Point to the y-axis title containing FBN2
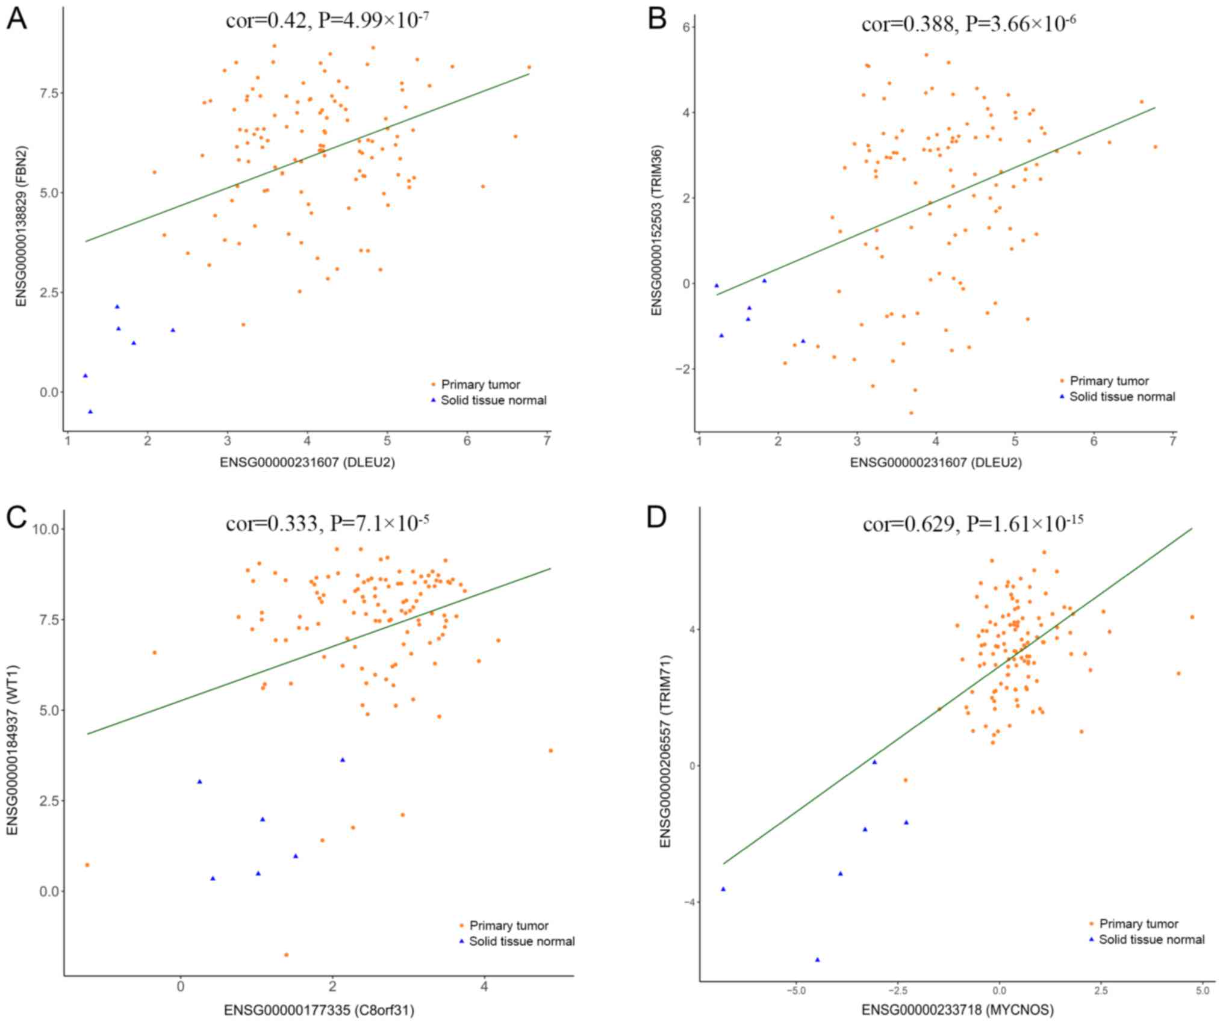pos(22,226)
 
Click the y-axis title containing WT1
pos(12,749)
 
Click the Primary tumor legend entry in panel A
pos(480,385)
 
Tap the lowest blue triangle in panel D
pos(817,959)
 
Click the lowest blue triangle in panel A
pos(90,412)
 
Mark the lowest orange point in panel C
pos(286,955)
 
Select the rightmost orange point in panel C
pos(550,751)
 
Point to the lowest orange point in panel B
pos(911,413)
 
